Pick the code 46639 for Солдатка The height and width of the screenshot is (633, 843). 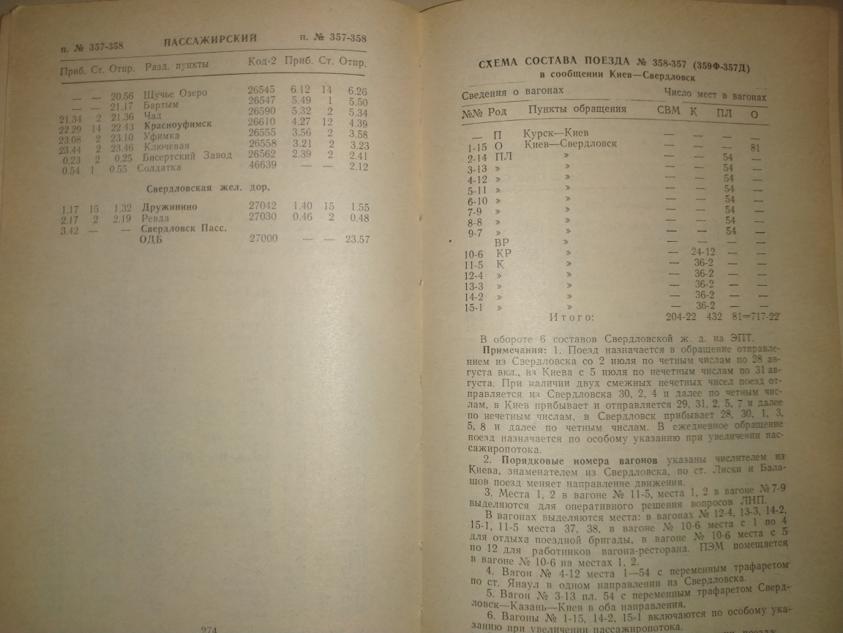(x=263, y=166)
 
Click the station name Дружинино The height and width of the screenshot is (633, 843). (x=170, y=207)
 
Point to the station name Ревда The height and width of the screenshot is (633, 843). (x=155, y=218)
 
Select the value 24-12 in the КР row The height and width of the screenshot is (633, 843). (x=702, y=252)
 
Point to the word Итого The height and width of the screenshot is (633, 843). (x=572, y=317)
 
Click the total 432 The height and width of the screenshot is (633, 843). (x=713, y=316)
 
